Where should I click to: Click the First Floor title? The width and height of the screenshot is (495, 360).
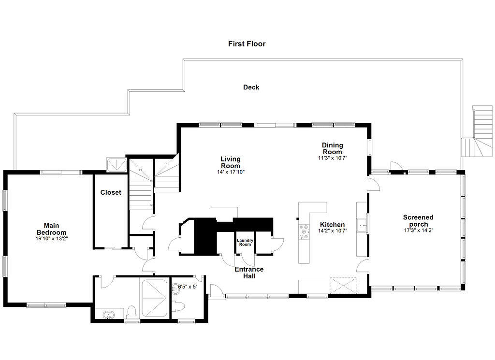coord(247,44)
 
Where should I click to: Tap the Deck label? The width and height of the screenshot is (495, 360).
coord(251,87)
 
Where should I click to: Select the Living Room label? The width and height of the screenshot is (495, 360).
coord(231,162)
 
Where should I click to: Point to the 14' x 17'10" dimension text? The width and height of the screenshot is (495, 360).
coord(231,172)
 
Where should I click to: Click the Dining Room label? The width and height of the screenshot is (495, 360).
coord(333,148)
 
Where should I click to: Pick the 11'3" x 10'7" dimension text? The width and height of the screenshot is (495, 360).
coord(333,158)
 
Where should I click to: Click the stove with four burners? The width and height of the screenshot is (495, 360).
coord(304,231)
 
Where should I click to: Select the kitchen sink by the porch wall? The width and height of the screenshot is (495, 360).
coord(362,225)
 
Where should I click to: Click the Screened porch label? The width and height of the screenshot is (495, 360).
coord(418,221)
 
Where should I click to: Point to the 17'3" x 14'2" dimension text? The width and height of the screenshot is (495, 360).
coord(418,230)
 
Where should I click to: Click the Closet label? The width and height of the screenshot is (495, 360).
coord(111,192)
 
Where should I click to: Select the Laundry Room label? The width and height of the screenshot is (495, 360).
coord(244,243)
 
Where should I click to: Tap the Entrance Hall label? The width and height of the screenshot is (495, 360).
coord(249,273)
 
